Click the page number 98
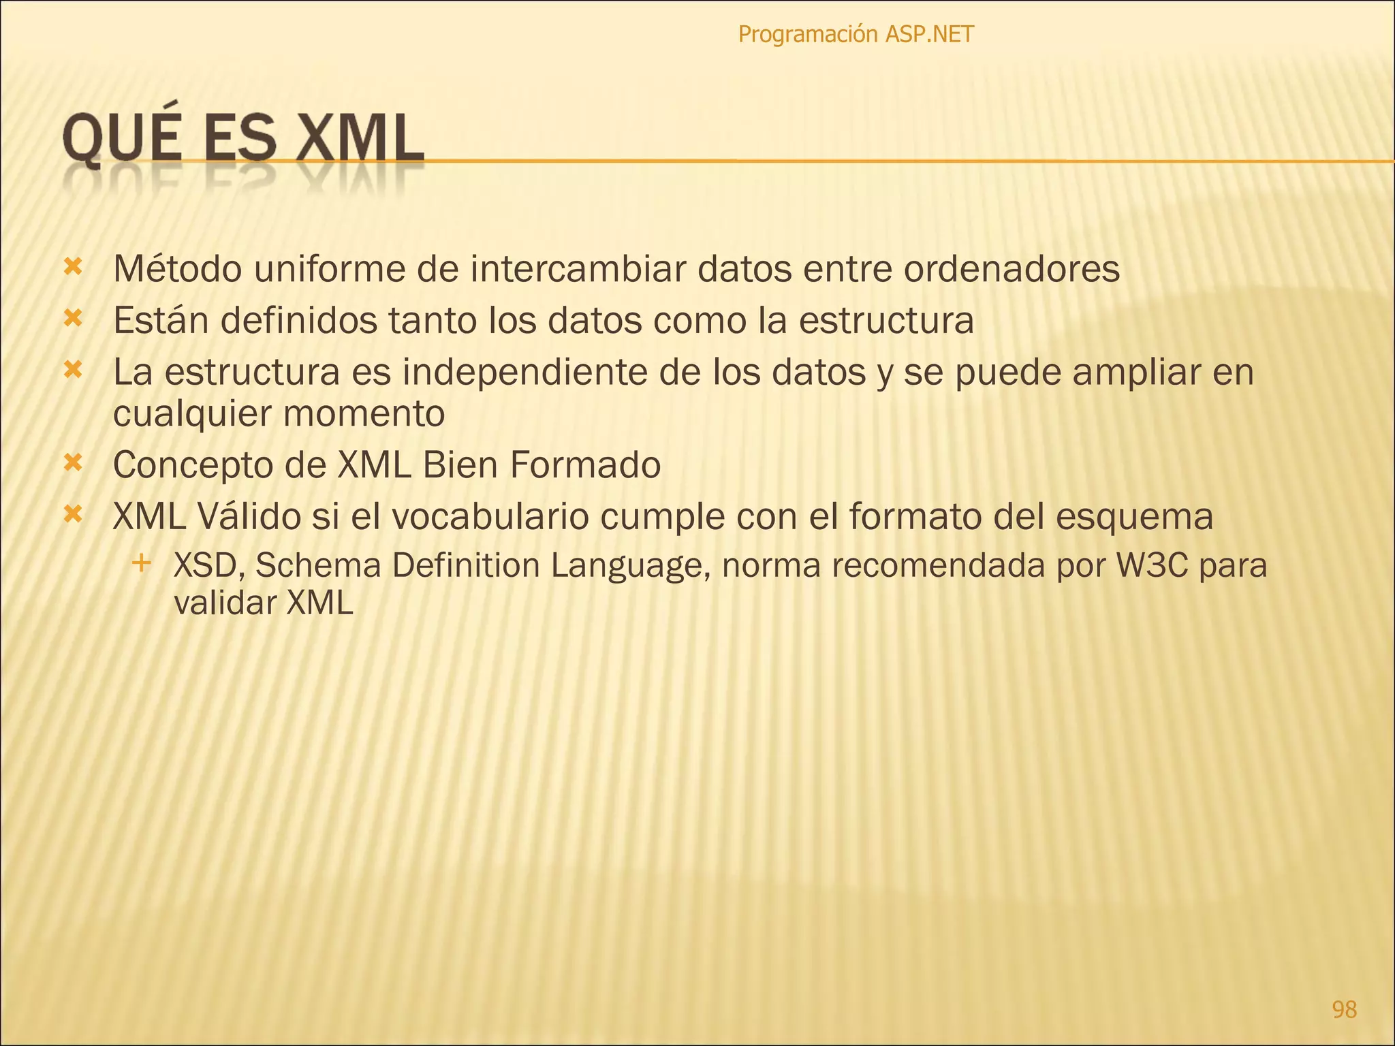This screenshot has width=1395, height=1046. (1344, 1009)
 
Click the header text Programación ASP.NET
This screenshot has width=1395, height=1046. (856, 34)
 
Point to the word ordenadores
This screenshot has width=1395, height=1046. (1012, 269)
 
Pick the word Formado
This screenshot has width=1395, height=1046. (585, 465)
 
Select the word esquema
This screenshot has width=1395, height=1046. (1135, 517)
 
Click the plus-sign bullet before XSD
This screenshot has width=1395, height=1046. (142, 563)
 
